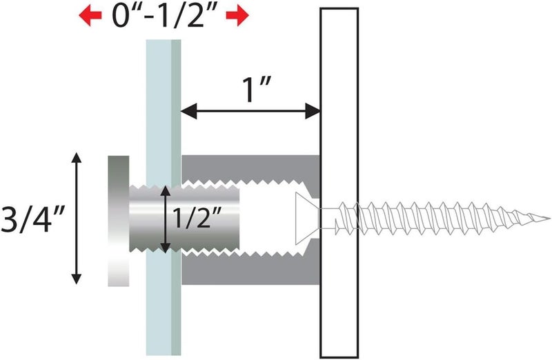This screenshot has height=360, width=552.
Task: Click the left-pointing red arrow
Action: pos(90,16)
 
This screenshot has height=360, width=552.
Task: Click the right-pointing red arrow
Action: pos(237,16)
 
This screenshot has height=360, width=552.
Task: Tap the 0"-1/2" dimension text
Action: pos(164,15)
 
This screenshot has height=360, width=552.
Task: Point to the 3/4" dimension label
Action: pos(33,219)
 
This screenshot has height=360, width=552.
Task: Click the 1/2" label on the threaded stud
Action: pos(197,217)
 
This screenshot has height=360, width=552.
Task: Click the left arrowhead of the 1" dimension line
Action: pos(188,111)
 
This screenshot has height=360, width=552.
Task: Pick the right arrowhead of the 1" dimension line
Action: pos(312,111)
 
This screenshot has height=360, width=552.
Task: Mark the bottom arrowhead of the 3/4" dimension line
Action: pos(77,279)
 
